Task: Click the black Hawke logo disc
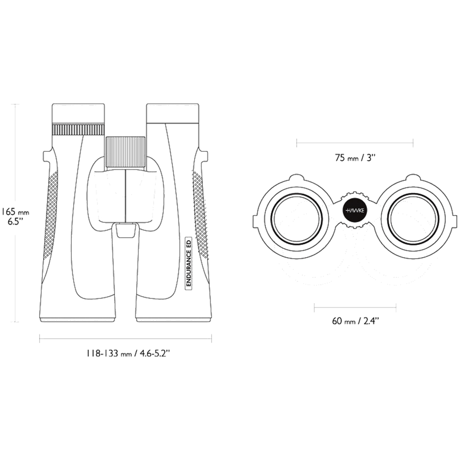point(355,210)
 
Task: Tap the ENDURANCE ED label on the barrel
point(188,264)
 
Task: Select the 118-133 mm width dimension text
point(128,353)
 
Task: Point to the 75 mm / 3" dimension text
point(355,158)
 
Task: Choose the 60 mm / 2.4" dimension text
point(355,321)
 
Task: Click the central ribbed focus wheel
point(126,152)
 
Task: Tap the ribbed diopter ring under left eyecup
point(78,129)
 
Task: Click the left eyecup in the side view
point(78,113)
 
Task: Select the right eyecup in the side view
point(172,113)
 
